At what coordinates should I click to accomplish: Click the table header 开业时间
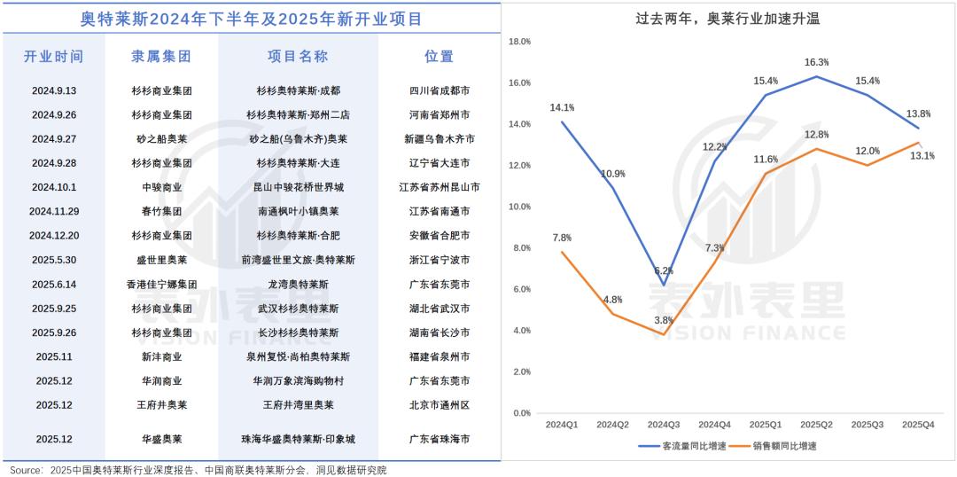(53, 57)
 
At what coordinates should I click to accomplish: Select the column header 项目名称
(298, 57)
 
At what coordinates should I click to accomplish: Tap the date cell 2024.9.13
(53, 91)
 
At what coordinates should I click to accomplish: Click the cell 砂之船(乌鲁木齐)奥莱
(298, 139)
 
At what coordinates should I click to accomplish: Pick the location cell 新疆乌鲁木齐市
(440, 139)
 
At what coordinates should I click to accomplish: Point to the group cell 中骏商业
(161, 188)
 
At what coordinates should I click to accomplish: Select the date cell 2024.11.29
(53, 212)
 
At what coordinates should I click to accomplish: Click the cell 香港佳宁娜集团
(161, 285)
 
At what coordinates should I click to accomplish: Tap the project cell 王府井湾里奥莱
(298, 405)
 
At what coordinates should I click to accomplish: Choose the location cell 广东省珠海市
(440, 439)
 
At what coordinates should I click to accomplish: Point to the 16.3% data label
(816, 62)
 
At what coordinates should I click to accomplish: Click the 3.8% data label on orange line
(664, 320)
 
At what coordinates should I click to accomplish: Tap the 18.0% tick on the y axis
(518, 42)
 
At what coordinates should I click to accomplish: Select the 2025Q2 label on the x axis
(816, 426)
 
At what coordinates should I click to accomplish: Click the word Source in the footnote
(23, 470)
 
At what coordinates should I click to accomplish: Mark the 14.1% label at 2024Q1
(562, 107)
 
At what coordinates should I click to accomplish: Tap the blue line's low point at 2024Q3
(664, 285)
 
